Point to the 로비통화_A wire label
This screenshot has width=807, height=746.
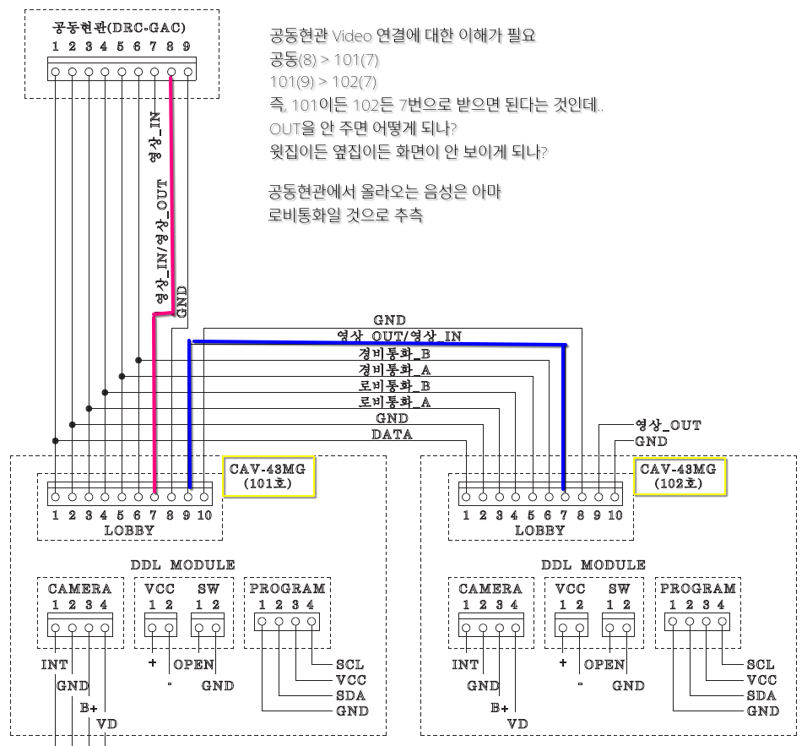[394, 402]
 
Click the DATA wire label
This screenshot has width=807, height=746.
[393, 434]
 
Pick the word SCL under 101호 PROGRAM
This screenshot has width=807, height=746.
[349, 664]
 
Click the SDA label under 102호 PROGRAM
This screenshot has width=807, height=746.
[761, 695]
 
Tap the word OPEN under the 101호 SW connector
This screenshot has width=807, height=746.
[193, 664]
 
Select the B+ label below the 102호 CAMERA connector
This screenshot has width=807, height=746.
[500, 708]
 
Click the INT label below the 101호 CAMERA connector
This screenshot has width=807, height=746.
[55, 664]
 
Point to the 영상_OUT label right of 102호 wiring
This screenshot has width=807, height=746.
[668, 425]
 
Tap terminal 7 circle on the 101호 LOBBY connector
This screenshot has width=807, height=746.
[154, 498]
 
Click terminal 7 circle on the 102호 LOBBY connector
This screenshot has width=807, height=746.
[565, 498]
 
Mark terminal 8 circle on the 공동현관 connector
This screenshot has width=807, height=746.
[171, 72]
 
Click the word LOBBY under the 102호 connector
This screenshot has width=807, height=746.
[539, 531]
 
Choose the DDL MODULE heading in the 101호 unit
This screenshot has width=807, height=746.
[182, 564]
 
